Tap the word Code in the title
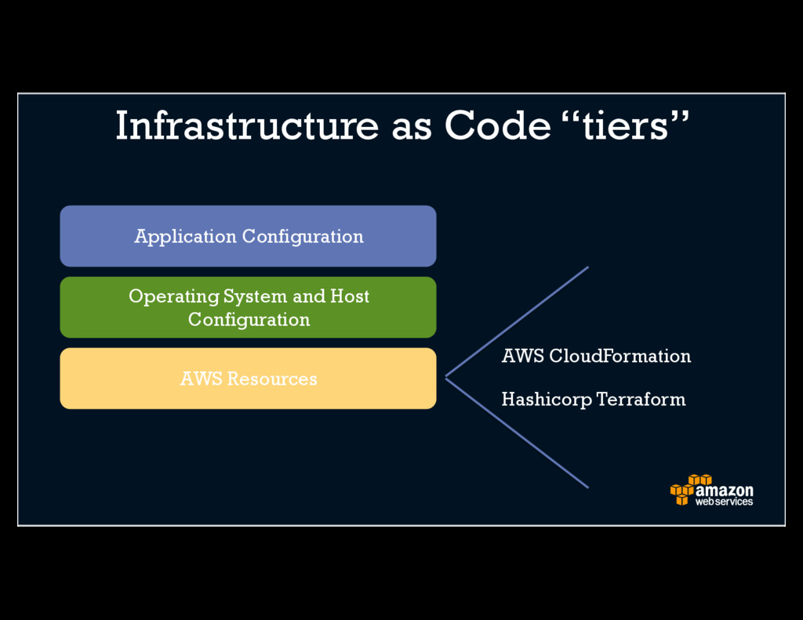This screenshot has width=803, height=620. click(x=497, y=125)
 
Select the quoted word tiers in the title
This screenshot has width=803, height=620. click(x=625, y=125)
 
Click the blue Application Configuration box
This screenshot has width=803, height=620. click(x=248, y=236)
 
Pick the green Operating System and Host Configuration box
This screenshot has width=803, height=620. click(x=248, y=307)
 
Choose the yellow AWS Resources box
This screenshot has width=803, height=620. click(x=248, y=379)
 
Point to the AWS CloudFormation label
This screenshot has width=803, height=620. click(x=596, y=356)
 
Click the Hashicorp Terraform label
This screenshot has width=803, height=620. click(x=593, y=400)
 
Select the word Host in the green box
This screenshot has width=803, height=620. click(x=349, y=296)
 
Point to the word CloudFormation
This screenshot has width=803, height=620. click(x=620, y=356)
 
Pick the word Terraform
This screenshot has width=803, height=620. click(x=641, y=400)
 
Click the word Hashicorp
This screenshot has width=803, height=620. click(x=547, y=400)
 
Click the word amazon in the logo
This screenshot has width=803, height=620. click(x=724, y=491)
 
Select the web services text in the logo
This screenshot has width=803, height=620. click(x=724, y=502)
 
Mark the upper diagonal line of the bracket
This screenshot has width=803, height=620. click(x=518, y=321)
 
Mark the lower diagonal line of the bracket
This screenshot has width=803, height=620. click(x=518, y=433)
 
